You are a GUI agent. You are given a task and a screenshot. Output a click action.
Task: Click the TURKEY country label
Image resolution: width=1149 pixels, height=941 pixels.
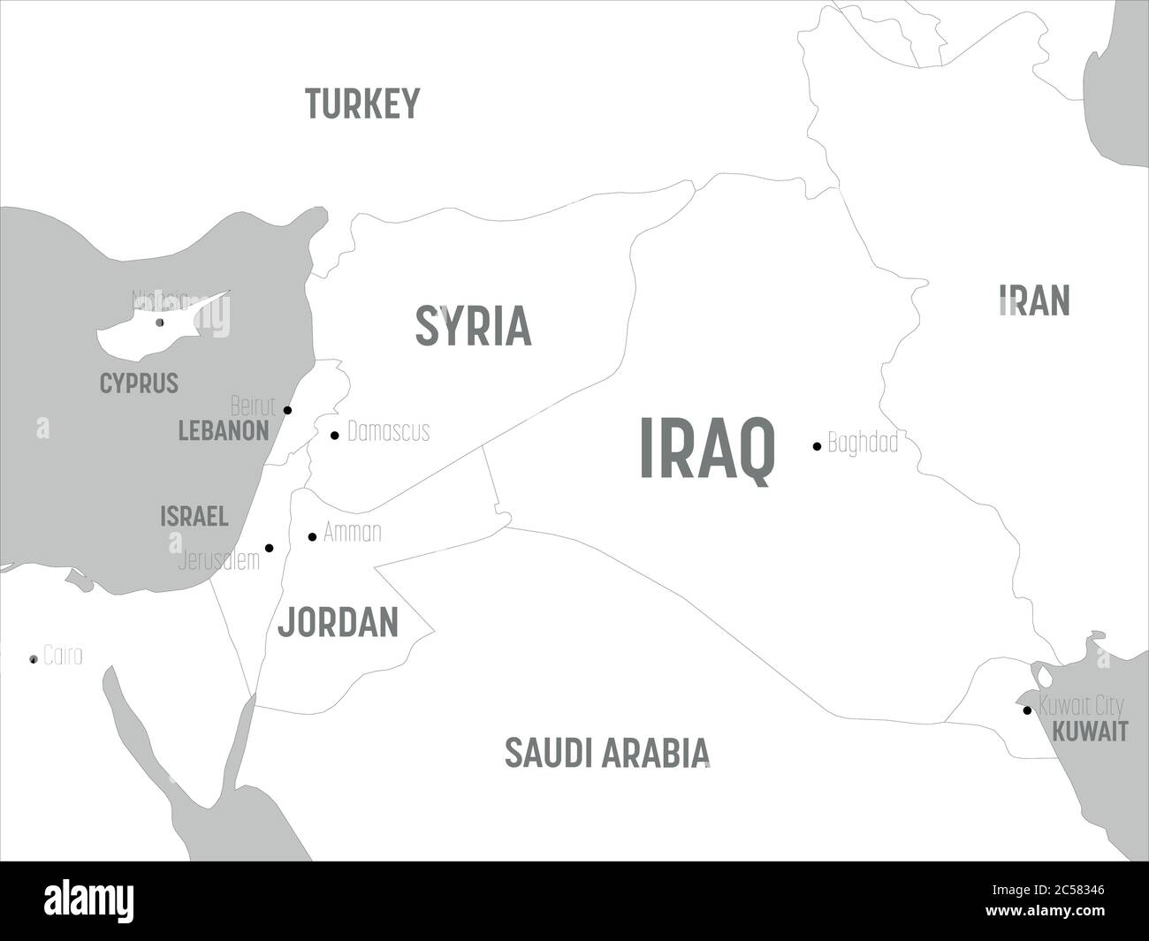(361, 103)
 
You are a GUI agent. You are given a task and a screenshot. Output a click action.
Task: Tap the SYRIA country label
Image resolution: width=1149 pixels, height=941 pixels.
(473, 325)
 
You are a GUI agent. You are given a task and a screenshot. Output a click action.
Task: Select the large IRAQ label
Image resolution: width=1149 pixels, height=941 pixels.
(707, 449)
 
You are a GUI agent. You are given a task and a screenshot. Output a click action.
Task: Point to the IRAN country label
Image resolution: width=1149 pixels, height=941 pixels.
(1034, 300)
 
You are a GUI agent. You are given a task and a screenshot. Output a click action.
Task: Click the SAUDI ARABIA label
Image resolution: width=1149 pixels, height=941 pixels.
(607, 752)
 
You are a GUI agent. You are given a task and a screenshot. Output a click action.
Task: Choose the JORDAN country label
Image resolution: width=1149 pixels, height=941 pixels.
(338, 623)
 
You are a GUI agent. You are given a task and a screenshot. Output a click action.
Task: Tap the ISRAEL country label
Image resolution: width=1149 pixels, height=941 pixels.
(194, 517)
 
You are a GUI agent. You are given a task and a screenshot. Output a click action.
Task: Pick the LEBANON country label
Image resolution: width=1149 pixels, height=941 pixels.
(224, 431)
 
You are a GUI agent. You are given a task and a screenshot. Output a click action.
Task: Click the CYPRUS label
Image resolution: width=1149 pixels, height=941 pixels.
(139, 383)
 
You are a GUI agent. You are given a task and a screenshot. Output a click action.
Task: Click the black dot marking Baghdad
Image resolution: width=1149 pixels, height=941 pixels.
(817, 446)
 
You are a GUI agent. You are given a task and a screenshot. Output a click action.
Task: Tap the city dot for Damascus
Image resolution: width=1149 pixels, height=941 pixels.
(334, 435)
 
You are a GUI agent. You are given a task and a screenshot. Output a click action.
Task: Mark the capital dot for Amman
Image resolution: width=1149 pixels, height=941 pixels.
(312, 536)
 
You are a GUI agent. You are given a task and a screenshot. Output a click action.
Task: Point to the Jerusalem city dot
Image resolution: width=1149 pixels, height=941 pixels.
(270, 548)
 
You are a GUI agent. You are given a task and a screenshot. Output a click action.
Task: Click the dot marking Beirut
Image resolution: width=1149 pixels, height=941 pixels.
(287, 410)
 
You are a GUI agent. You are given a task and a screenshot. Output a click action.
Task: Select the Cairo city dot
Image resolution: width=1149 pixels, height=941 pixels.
(34, 659)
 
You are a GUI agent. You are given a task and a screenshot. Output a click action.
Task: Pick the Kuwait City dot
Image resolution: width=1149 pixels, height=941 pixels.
(1026, 710)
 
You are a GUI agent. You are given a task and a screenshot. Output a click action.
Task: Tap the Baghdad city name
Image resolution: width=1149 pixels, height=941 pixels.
(863, 442)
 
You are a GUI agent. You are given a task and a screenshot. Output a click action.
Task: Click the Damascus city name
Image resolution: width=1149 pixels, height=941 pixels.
(388, 431)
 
